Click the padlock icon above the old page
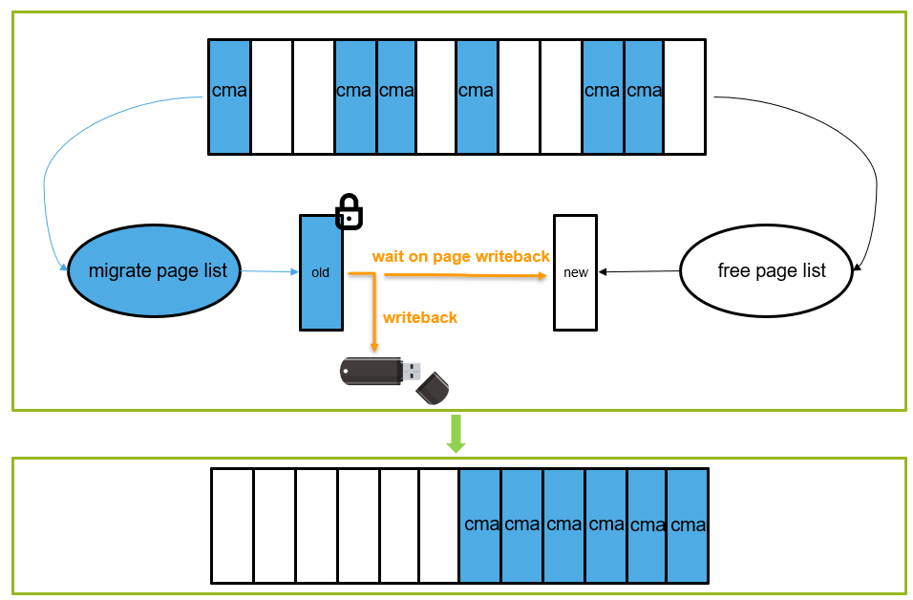click(x=350, y=213)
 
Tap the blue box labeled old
click(x=321, y=272)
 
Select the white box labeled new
click(x=576, y=272)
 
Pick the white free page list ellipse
click(x=771, y=271)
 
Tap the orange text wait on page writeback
click(x=460, y=256)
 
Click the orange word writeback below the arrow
click(x=419, y=317)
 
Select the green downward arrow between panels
click(x=456, y=433)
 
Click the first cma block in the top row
click(x=229, y=96)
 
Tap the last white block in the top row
click(x=685, y=96)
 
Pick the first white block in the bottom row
click(x=232, y=525)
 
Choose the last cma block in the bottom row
click(x=688, y=525)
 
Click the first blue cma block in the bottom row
click(x=480, y=525)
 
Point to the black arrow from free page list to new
click(x=638, y=272)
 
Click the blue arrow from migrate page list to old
click(x=269, y=272)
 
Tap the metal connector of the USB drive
click(x=409, y=370)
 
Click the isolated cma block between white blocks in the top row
click(x=477, y=96)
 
